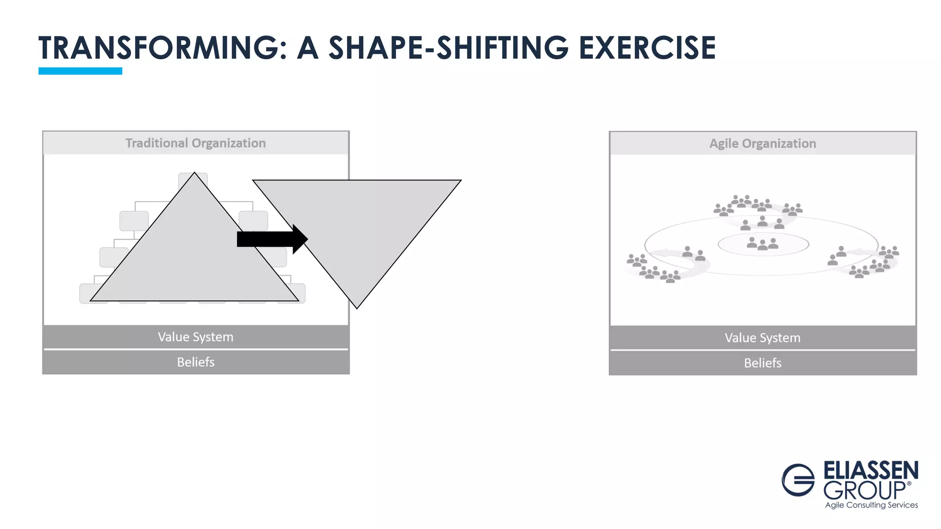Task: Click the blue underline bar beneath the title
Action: click(80, 71)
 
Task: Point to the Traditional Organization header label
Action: click(196, 143)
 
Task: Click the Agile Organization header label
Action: click(763, 144)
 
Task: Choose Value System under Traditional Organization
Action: click(196, 337)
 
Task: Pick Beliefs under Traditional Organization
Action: click(196, 362)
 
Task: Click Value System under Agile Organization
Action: click(763, 338)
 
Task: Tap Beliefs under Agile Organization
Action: click(763, 363)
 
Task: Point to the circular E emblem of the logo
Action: click(798, 480)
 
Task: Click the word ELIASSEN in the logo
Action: click(871, 471)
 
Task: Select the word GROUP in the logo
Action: click(864, 491)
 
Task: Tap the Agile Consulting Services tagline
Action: click(871, 505)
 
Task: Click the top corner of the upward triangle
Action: click(194, 174)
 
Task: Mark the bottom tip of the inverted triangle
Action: click(357, 307)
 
